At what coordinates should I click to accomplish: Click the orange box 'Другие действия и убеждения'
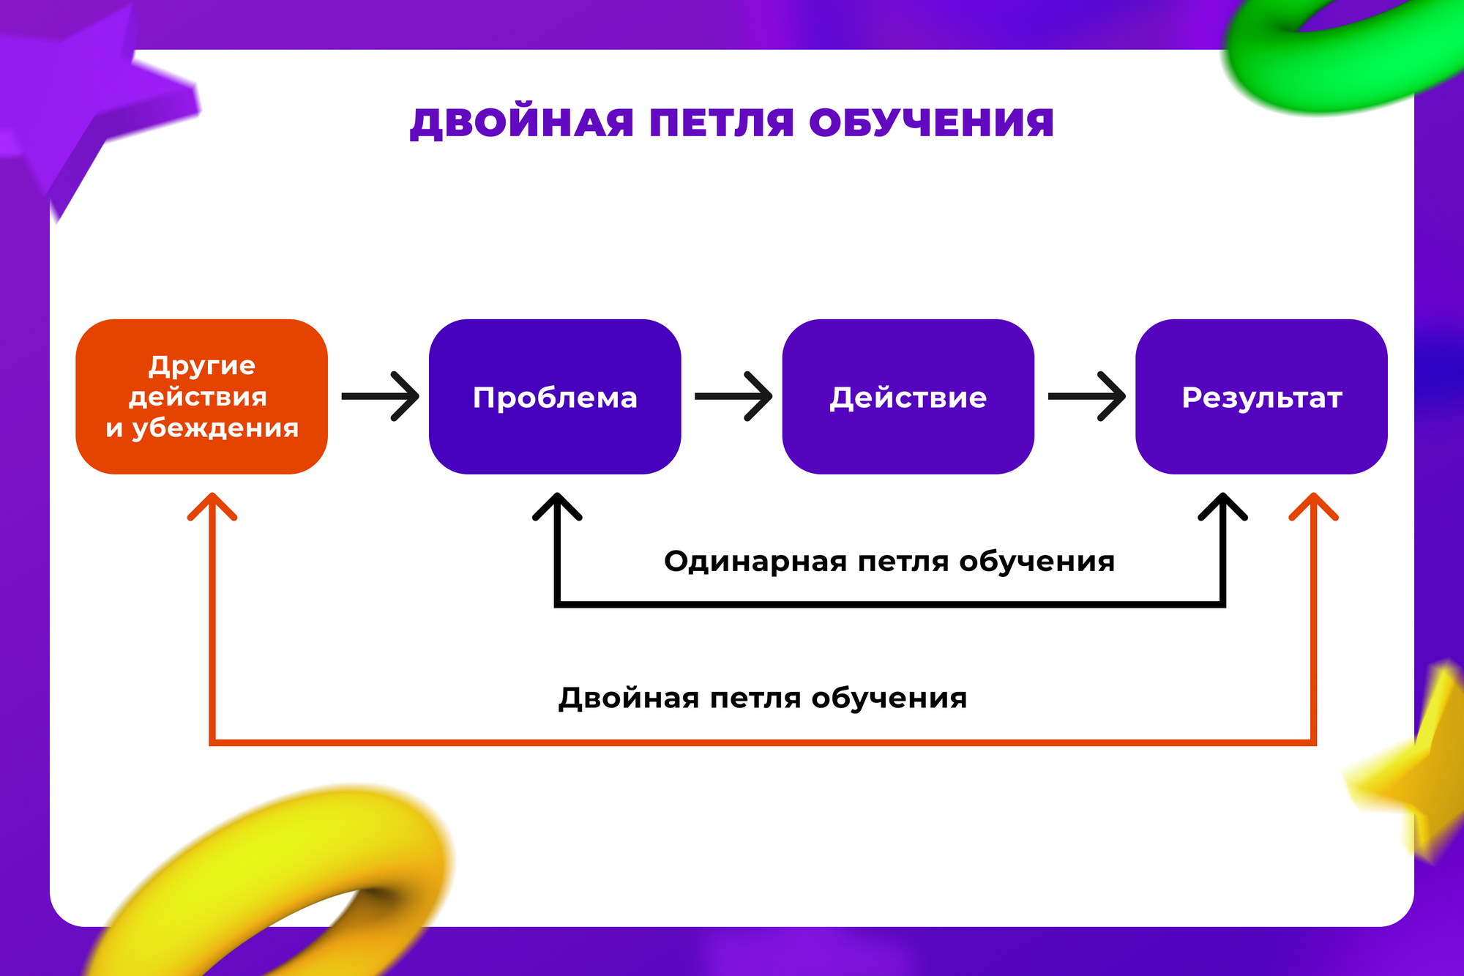pyautogui.click(x=201, y=396)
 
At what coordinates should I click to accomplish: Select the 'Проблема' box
pyautogui.click(x=555, y=396)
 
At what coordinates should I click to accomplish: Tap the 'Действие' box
pyautogui.click(x=908, y=396)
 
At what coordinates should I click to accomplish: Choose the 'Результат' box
pyautogui.click(x=1261, y=396)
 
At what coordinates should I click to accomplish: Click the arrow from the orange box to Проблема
pyautogui.click(x=380, y=396)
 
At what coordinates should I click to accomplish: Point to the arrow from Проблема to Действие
pyautogui.click(x=733, y=396)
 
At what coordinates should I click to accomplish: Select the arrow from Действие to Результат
pyautogui.click(x=1086, y=396)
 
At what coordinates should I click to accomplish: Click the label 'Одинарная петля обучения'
pyautogui.click(x=889, y=562)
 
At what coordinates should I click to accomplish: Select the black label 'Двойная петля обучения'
pyautogui.click(x=763, y=698)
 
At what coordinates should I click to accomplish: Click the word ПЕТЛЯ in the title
pyautogui.click(x=721, y=123)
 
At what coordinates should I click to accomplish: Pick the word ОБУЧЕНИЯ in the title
pyautogui.click(x=931, y=123)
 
